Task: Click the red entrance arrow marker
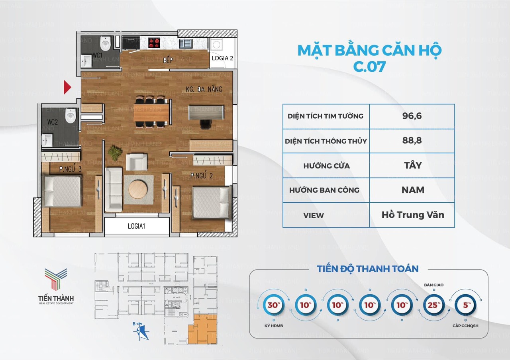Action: (x=68, y=87)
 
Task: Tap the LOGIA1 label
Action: (x=136, y=226)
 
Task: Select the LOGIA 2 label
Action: (x=222, y=58)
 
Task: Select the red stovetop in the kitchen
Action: (x=154, y=43)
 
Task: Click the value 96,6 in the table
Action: (x=412, y=116)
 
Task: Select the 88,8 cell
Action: (x=412, y=141)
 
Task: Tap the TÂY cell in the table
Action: (x=412, y=165)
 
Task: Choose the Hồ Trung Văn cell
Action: (x=412, y=215)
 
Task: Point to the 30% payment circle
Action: (x=273, y=305)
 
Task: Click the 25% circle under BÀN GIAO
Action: (x=434, y=305)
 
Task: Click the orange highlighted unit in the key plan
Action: (x=203, y=329)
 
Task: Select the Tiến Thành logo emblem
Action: (x=55, y=279)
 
